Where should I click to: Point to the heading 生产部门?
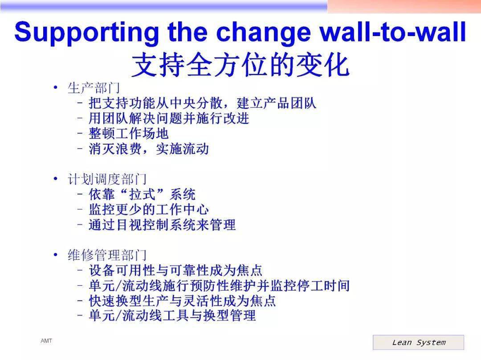pos(94,88)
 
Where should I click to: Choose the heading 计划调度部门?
pos(107,179)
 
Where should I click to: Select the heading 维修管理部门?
pos(107,255)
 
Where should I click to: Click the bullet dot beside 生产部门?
pos(56,88)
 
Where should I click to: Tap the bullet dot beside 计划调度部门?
pos(56,178)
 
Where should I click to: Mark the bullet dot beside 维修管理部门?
pos(56,255)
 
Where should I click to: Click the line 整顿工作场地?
pos(129,133)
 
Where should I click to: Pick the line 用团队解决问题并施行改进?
pos(169,118)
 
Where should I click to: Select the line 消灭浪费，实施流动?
pos(149,149)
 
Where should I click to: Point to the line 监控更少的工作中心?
pos(149,210)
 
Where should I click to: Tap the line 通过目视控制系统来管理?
pos(162,225)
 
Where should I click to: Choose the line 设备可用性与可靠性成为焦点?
pos(175,270)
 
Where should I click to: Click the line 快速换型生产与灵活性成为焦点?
pos(182,300)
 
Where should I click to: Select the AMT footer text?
pos(46,341)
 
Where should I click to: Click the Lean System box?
pos(418,342)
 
